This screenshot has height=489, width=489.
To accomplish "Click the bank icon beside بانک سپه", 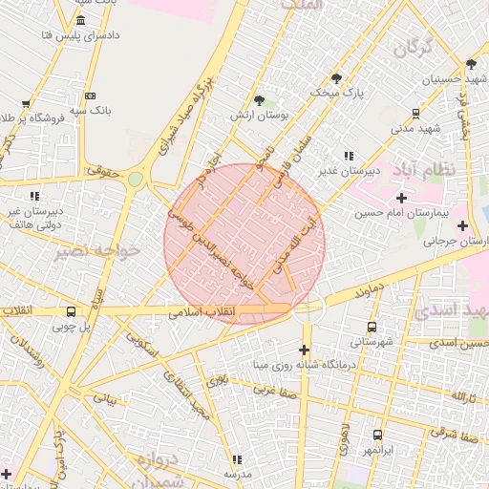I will pos(90,96).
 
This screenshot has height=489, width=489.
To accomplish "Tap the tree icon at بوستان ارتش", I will pos(259,99).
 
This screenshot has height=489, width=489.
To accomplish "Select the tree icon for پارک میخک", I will pos(336,77).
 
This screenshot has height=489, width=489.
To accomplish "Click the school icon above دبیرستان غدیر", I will pos(349,155).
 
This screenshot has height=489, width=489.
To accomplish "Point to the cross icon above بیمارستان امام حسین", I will pos(401,198).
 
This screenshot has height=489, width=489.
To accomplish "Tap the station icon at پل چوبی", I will pos(71,311).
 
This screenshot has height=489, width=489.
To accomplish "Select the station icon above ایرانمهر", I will pos(378,435).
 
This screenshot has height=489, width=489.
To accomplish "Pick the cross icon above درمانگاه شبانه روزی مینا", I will pos(306,349).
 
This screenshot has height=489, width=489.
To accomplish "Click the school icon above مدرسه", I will pos(237,459).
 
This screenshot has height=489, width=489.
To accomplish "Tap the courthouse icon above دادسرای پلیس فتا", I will pos(78,21).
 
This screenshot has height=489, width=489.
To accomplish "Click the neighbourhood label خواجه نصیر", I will pos(97,250).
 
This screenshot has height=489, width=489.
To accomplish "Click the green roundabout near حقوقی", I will pos(136,178).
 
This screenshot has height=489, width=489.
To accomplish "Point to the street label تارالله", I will pos(462,395).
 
